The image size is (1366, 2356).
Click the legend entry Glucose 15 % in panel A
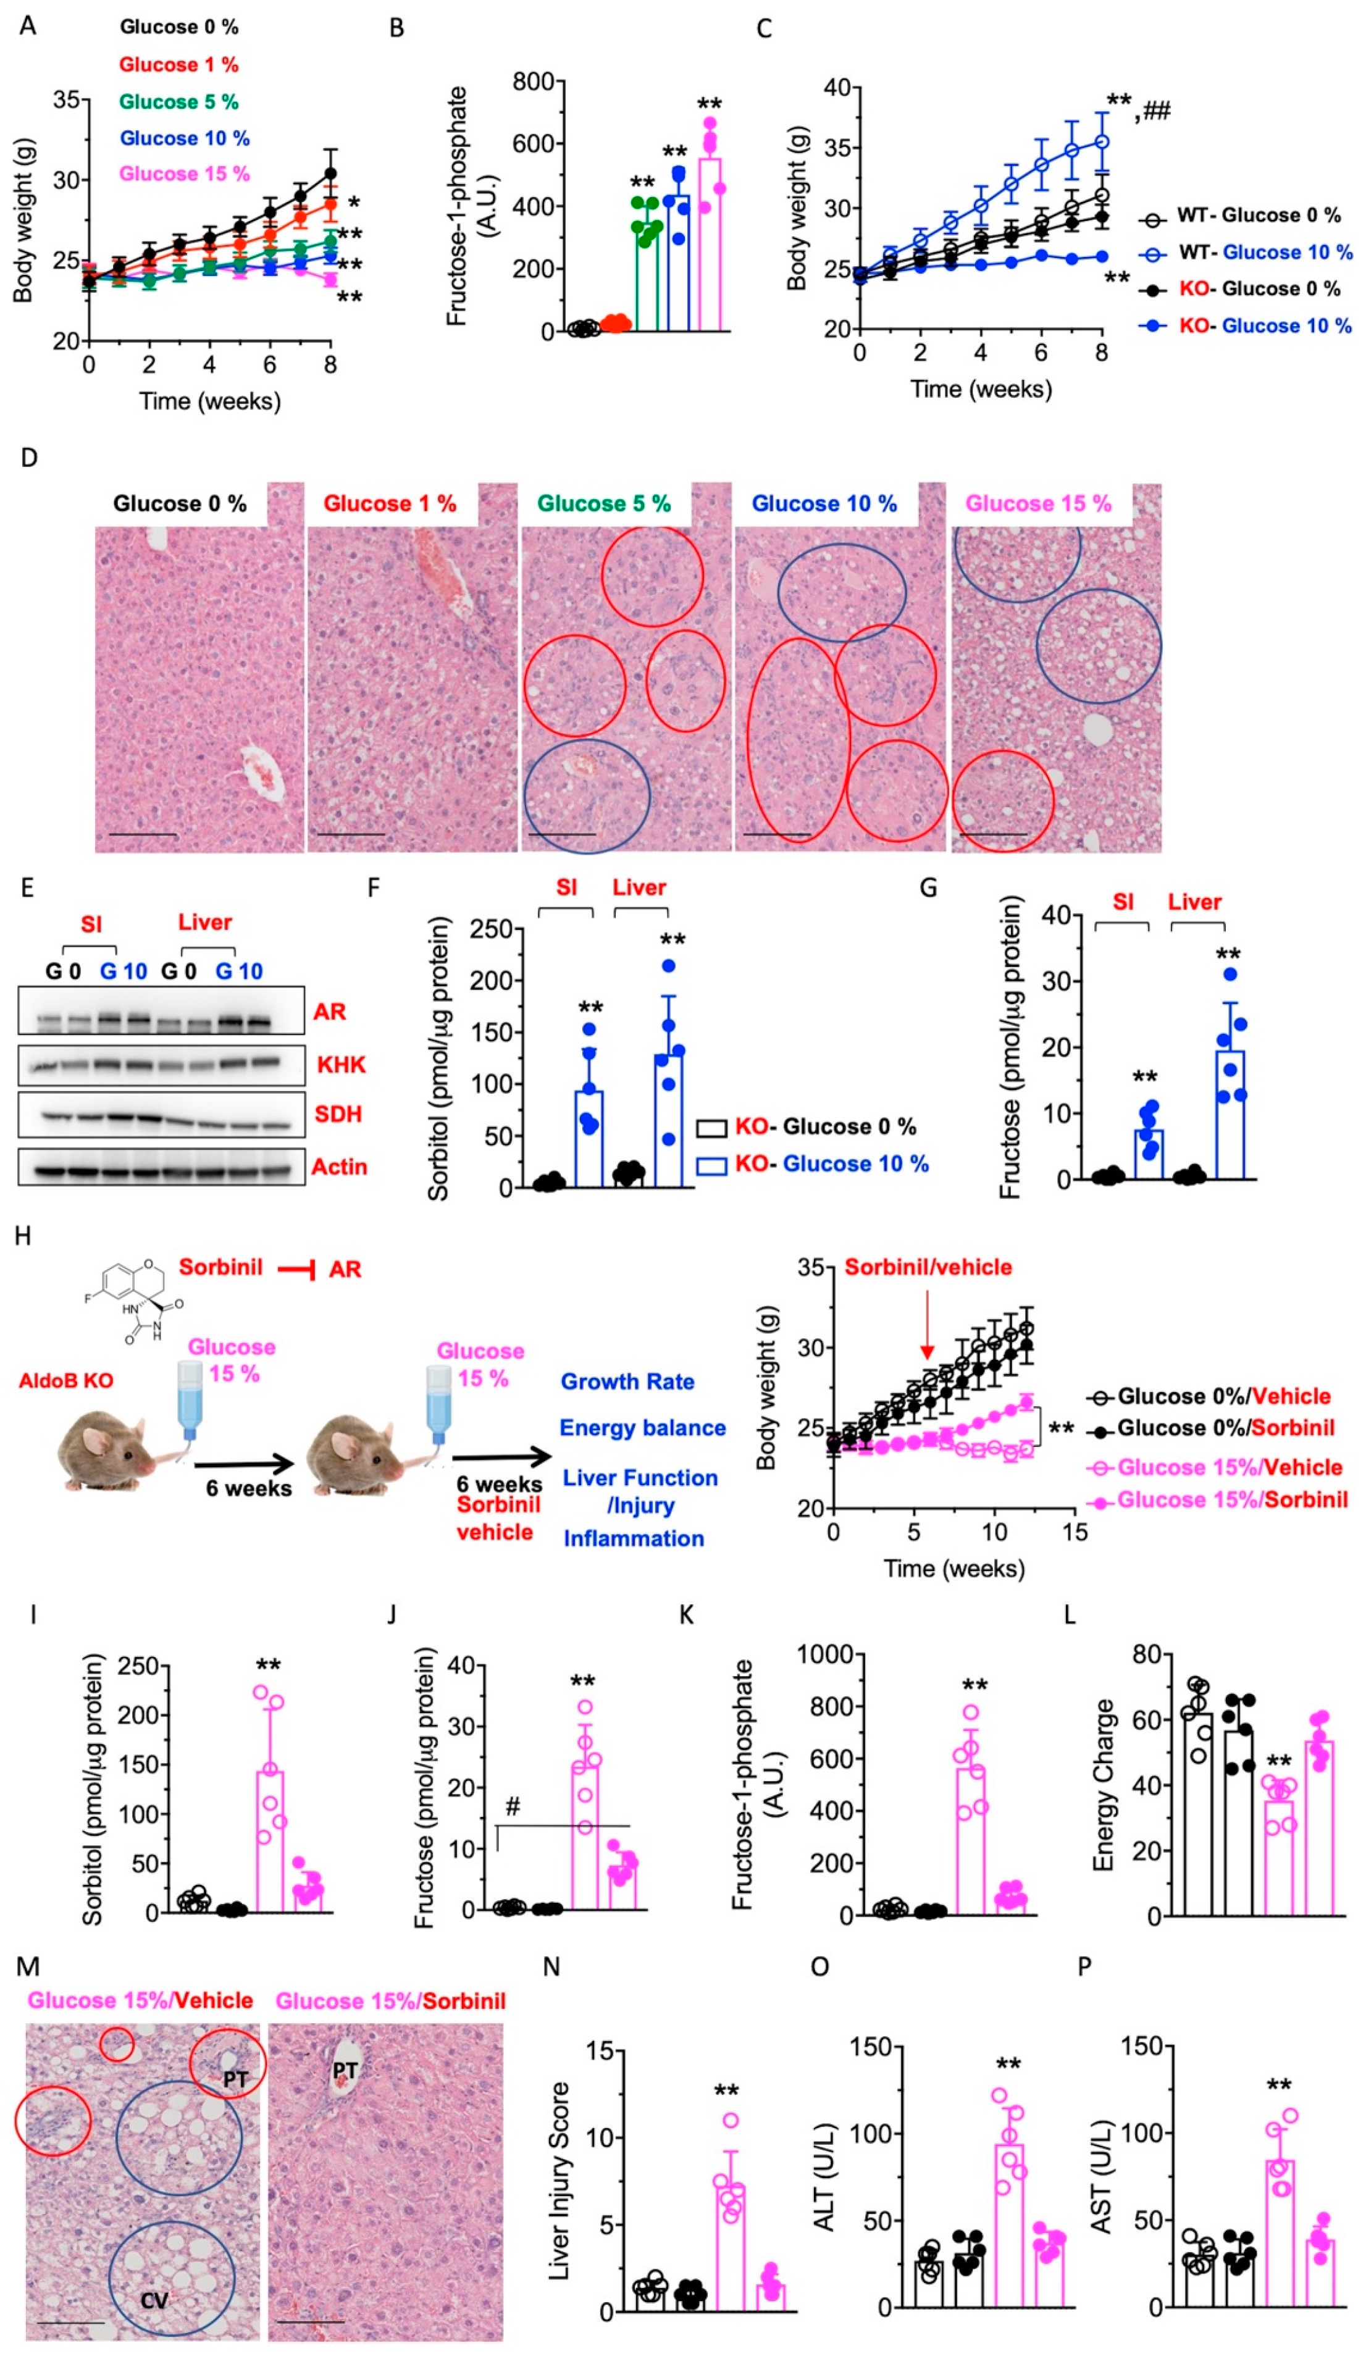tap(184, 174)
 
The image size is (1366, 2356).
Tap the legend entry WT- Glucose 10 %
tap(1263, 253)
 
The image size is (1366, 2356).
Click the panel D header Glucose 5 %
tap(604, 504)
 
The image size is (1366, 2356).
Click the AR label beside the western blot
tap(329, 1012)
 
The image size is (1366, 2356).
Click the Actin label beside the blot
tap(338, 1167)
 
